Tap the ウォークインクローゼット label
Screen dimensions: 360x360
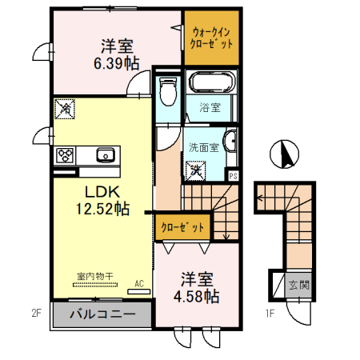point(211,38)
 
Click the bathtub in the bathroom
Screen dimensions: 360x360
point(212,84)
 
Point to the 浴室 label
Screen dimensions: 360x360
point(211,108)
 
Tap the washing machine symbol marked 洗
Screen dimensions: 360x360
point(194,170)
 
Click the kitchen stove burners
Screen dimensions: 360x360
point(65,155)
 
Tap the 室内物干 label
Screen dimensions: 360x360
point(94,276)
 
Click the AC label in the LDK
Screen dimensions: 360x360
point(139,283)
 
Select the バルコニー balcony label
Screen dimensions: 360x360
point(99,314)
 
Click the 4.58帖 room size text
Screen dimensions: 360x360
point(196,297)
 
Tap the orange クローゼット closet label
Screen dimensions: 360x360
point(183,228)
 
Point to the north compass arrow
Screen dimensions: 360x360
point(281,154)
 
